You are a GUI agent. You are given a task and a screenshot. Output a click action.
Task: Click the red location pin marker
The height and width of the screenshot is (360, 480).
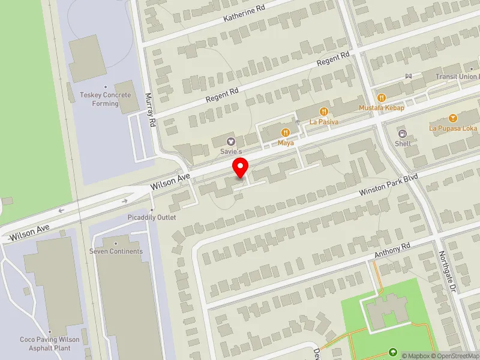[x=241, y=167]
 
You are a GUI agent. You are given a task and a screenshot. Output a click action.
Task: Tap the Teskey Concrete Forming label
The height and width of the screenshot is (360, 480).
[x=105, y=99]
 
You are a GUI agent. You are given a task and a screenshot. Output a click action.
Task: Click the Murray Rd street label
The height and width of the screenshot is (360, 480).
[x=152, y=110]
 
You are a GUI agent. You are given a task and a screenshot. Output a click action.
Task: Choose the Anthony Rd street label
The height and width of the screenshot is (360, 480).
[x=392, y=251]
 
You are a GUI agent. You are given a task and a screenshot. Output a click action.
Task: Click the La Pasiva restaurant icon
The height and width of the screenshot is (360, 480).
[x=324, y=111]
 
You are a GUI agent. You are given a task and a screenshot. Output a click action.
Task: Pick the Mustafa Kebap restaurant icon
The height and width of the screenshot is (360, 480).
[x=381, y=97]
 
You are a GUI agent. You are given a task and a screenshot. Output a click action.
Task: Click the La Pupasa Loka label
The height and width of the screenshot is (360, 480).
[x=453, y=128]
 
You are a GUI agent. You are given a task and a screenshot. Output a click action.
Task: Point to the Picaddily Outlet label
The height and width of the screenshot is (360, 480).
[x=152, y=217]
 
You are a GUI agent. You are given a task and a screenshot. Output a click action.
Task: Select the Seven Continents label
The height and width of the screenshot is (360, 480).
[x=116, y=251]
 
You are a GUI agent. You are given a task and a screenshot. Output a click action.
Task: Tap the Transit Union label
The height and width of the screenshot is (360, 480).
[x=457, y=77]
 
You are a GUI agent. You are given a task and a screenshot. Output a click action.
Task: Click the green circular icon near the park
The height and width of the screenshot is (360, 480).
[x=393, y=352]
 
